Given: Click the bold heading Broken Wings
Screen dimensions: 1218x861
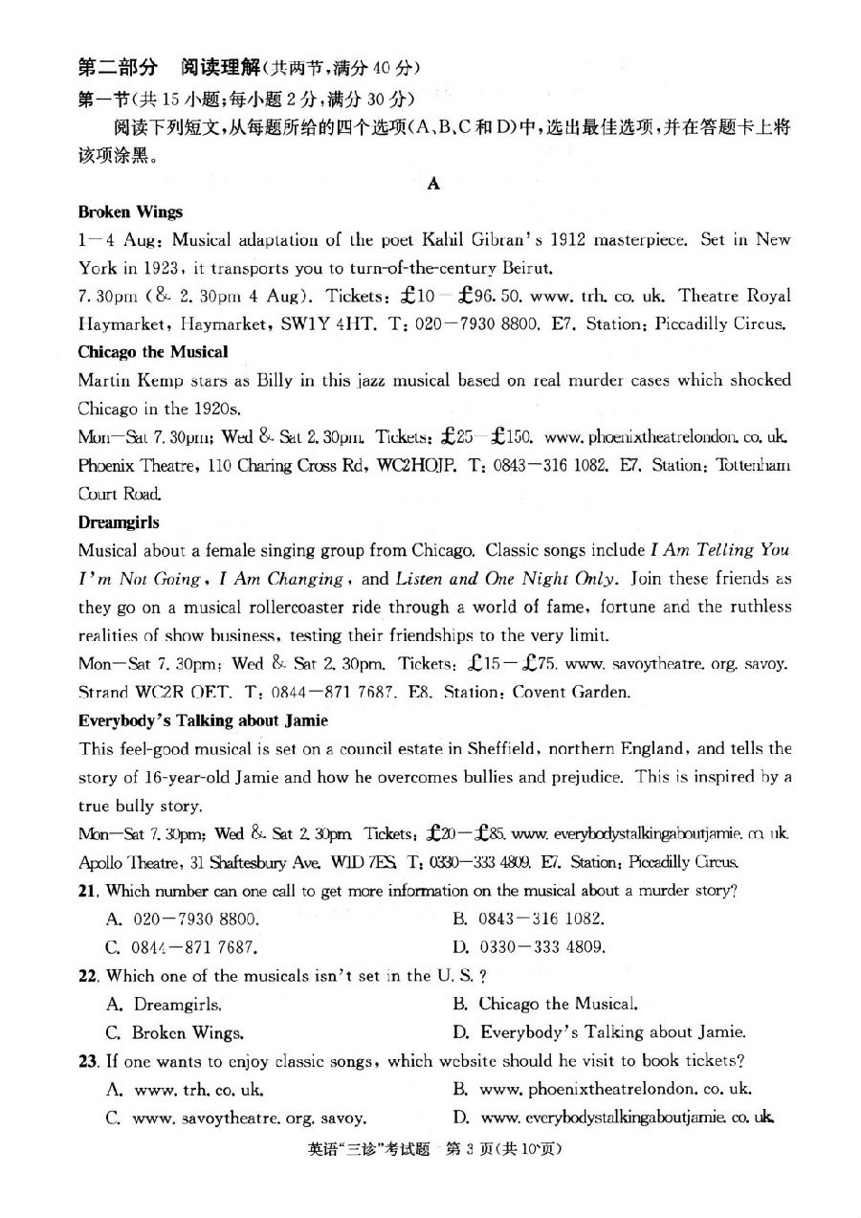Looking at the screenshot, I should click(x=130, y=212).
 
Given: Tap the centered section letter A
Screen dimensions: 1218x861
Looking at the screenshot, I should click(x=432, y=185).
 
